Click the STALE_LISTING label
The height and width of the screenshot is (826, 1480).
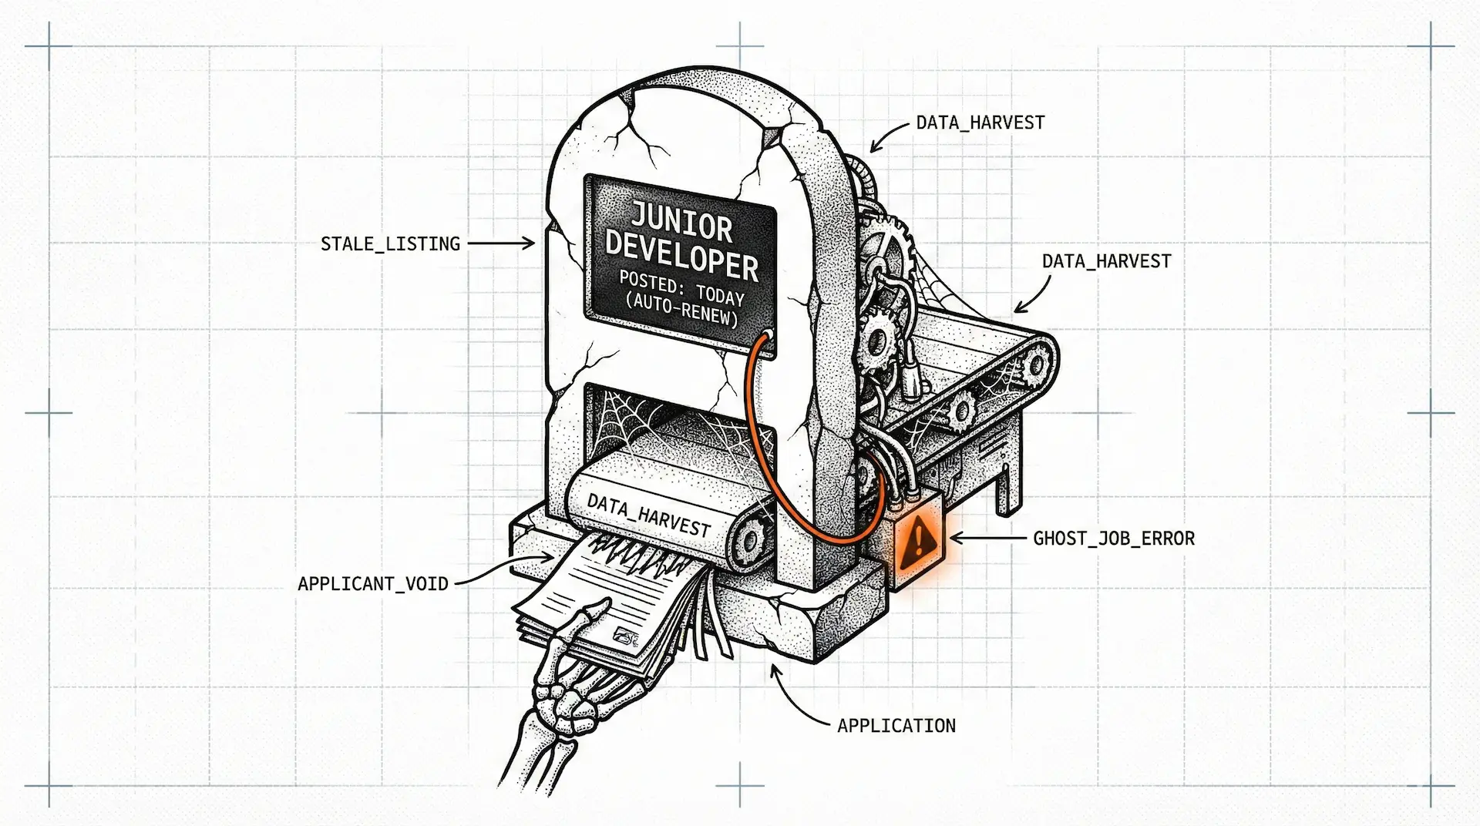(390, 244)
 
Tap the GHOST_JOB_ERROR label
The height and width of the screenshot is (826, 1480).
(1113, 539)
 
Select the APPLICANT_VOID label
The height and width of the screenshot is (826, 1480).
(373, 584)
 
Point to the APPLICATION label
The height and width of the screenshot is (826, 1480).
(896, 726)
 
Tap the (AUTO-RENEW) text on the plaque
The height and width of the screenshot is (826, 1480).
(681, 309)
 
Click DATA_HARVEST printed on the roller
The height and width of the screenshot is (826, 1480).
(648, 514)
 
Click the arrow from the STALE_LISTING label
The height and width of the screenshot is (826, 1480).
(501, 243)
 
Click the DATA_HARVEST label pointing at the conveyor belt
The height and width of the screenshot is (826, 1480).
(1106, 262)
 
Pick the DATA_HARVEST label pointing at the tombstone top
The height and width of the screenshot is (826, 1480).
(980, 123)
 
